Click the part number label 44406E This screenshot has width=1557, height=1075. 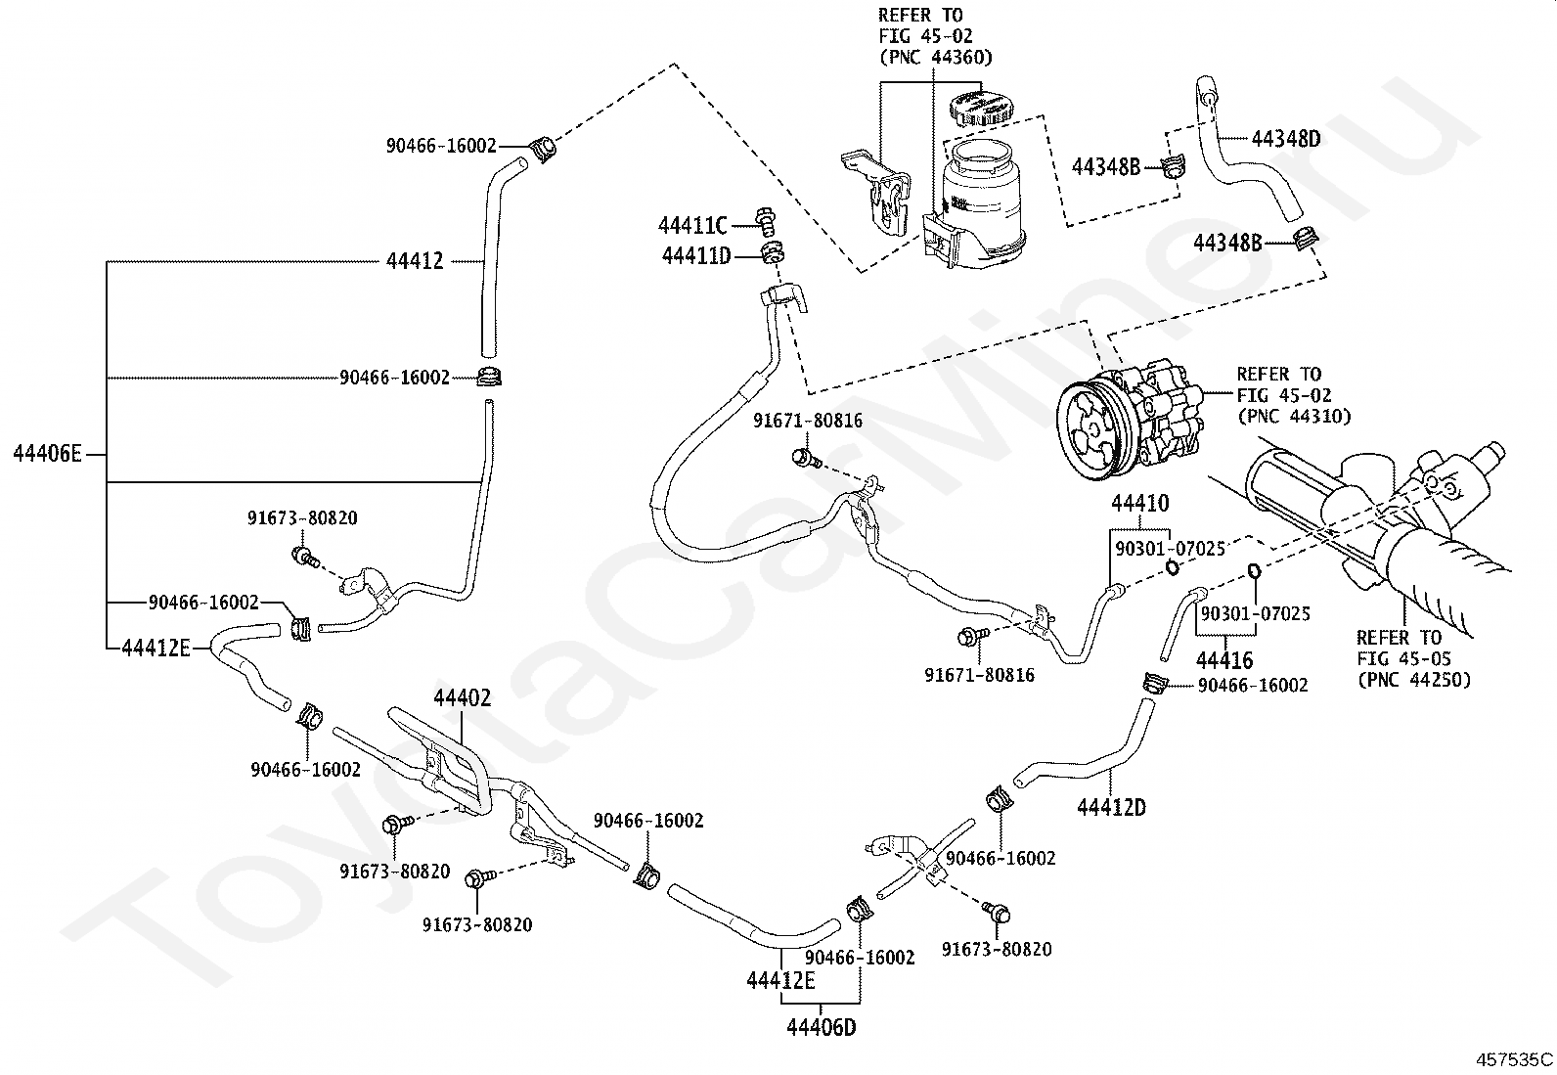point(47,454)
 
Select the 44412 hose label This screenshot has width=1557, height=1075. point(415,261)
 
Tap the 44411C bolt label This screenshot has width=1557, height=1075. point(692,225)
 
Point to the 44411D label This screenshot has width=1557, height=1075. point(696,256)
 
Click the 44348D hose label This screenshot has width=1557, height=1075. point(1286,138)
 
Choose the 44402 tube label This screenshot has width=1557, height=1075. point(463,697)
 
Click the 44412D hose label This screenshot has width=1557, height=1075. point(1111,807)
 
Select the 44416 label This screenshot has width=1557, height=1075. point(1224,660)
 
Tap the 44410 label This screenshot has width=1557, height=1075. point(1140,503)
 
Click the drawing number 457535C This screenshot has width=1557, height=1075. point(1515,1059)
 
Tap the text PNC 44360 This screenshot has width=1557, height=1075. point(936,57)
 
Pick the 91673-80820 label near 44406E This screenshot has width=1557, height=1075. point(302,518)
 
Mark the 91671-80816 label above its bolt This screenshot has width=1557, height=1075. point(808,421)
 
